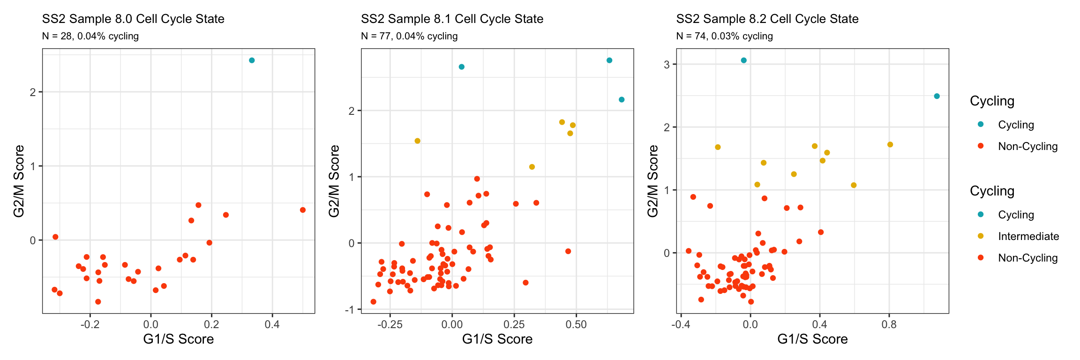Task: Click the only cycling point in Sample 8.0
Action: tap(252, 60)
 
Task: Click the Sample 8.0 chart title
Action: tap(133, 19)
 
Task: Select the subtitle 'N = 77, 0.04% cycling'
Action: tap(409, 36)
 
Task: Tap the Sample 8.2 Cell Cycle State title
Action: tap(767, 19)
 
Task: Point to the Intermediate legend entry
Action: tap(1028, 236)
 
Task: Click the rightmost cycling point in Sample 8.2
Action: tap(937, 96)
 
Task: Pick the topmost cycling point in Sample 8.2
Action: tap(743, 60)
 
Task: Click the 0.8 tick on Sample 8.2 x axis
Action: tap(889, 324)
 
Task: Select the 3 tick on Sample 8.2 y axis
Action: tap(667, 64)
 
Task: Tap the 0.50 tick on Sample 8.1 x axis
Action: tap(576, 324)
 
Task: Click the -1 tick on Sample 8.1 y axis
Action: tap(349, 309)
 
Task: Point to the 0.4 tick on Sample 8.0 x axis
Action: tap(272, 324)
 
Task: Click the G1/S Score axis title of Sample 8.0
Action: tap(179, 339)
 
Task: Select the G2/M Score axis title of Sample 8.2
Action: tap(652, 181)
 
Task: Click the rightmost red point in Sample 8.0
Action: tap(303, 210)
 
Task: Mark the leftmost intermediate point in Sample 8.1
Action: tap(417, 141)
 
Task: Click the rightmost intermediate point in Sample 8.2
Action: tap(890, 144)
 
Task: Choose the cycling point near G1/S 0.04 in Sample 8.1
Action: tap(461, 67)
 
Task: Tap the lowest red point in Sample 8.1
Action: tap(373, 302)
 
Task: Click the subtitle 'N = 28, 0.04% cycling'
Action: tap(90, 36)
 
